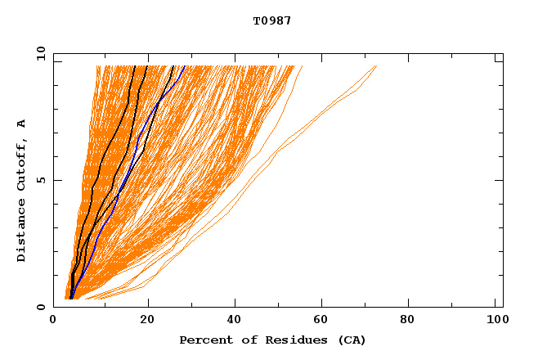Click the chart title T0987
coord(271,20)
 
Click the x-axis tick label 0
coord(53,321)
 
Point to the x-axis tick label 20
coord(147,321)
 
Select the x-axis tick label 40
coord(235,321)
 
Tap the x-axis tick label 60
coord(324,321)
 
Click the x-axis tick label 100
coord(495,321)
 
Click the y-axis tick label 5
coord(41,180)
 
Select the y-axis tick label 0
coord(41,307)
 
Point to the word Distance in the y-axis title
coord(22,232)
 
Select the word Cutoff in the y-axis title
coord(22,163)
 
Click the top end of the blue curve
coord(185,66)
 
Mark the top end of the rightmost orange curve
coord(376,66)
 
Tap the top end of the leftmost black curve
coord(134,66)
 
